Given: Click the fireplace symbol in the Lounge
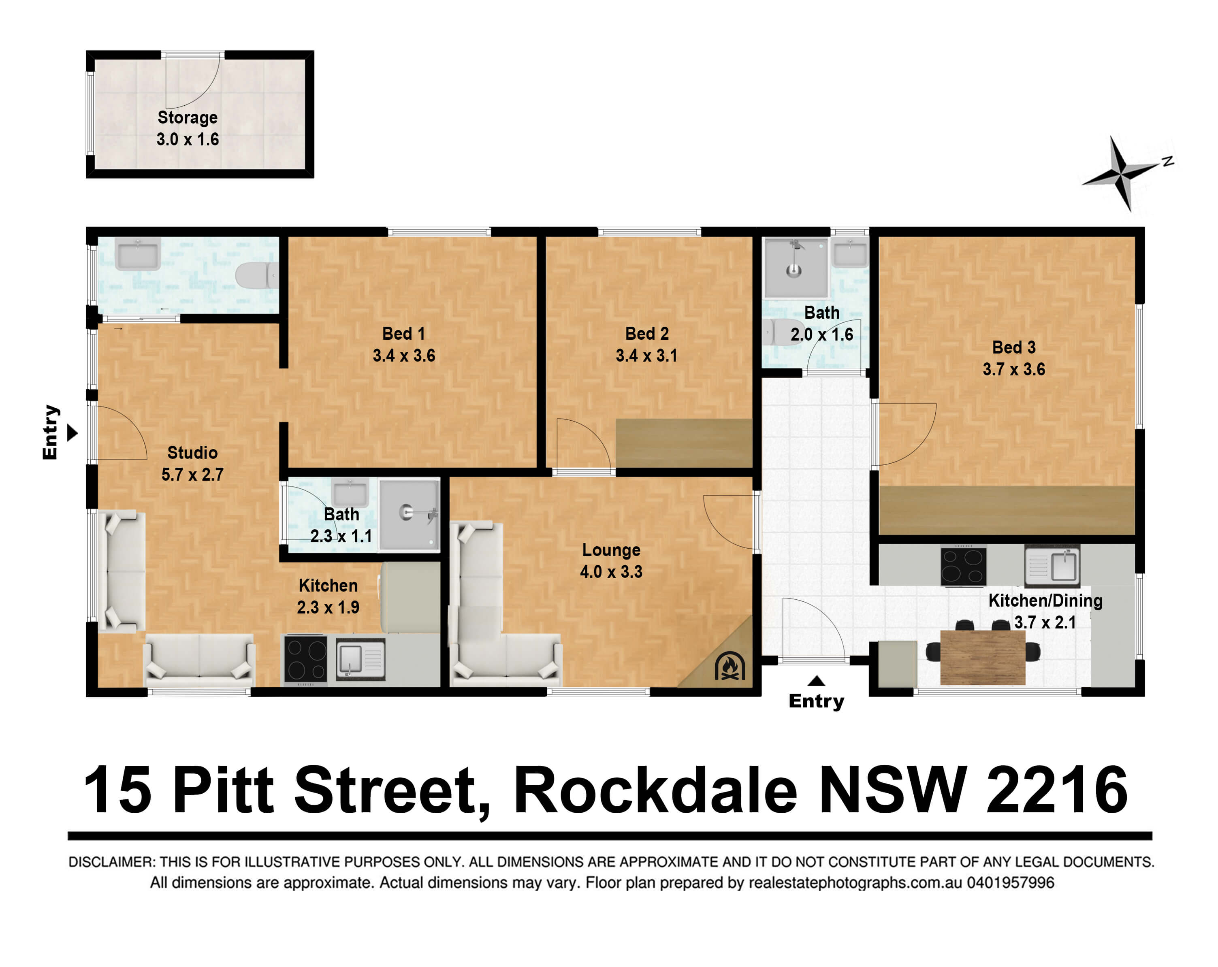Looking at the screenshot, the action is [x=730, y=667].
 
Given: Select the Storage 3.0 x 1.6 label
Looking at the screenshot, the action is [x=188, y=128].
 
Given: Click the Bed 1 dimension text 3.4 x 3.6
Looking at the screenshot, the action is [x=404, y=355].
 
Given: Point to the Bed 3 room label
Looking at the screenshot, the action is [x=1014, y=347].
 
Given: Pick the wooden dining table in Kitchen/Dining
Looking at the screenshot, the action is [x=982, y=658].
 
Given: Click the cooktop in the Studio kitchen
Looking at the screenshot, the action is [x=305, y=659].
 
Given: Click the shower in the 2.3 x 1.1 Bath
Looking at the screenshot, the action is [x=410, y=514].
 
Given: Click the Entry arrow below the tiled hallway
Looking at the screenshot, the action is [x=816, y=681].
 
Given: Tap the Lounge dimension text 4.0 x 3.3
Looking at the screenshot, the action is [x=611, y=572].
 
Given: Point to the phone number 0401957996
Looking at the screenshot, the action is [x=1010, y=882].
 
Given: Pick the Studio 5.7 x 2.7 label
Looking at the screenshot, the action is [x=193, y=463].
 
